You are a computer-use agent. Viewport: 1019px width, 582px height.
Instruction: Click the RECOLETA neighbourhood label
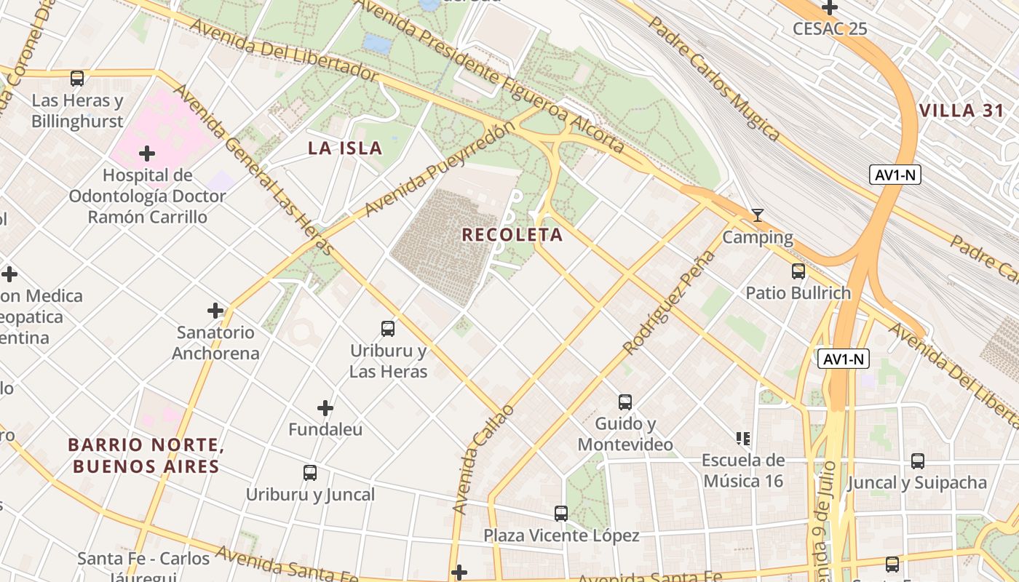tap(512, 235)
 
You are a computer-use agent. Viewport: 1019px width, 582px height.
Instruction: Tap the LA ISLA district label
tap(345, 148)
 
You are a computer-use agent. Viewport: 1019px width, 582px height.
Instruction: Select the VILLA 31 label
tap(961, 111)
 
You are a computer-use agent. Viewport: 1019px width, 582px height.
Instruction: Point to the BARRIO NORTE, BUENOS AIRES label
tap(145, 455)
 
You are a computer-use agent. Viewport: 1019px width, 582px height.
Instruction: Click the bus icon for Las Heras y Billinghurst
tap(77, 78)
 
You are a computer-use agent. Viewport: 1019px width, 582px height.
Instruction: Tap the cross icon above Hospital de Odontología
tap(147, 154)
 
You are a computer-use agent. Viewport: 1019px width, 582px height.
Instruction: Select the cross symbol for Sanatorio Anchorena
tap(215, 311)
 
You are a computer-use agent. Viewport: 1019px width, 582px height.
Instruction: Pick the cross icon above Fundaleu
tap(325, 408)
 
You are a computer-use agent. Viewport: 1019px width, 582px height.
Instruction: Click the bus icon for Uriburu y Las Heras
tap(388, 329)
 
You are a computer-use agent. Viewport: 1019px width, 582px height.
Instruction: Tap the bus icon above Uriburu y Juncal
tap(310, 473)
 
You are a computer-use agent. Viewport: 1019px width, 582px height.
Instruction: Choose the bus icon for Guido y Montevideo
tap(625, 402)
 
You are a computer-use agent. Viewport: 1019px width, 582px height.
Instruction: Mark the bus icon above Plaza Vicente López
tap(561, 514)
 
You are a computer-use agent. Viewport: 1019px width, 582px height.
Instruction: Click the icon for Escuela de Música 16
tap(743, 438)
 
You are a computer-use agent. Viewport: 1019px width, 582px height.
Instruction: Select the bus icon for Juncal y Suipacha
tap(918, 461)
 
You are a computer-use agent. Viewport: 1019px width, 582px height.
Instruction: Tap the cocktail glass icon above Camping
tap(758, 215)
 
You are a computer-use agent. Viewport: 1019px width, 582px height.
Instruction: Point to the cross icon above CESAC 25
tap(830, 8)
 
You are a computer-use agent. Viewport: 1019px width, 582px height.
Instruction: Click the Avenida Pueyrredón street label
tap(440, 169)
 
